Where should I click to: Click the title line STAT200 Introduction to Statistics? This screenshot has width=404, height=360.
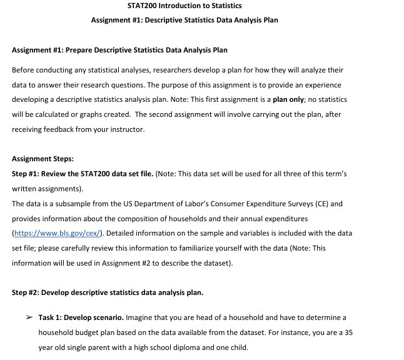coord(184,6)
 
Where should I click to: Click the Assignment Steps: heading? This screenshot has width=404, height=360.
coord(43,159)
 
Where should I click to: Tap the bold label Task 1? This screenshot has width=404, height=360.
coord(50,317)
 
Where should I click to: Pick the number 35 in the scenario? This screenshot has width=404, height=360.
coord(347,332)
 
